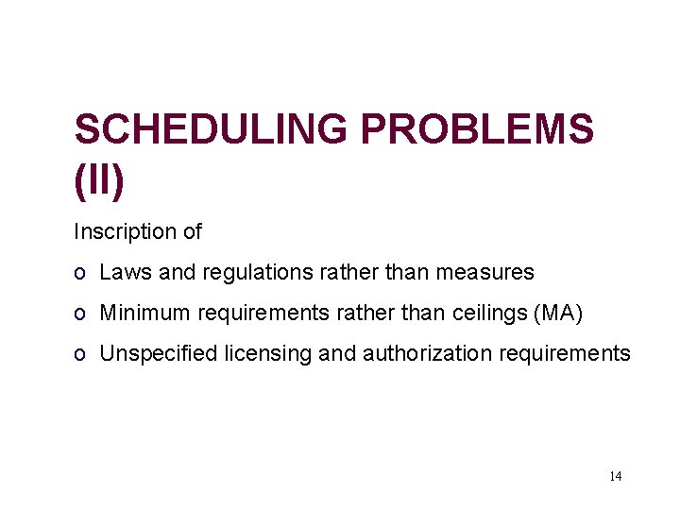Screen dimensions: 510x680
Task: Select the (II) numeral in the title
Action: tap(99, 181)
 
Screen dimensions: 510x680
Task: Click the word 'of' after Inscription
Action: tap(192, 231)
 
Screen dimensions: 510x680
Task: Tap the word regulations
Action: tap(254, 273)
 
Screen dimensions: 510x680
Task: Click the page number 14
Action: tap(615, 476)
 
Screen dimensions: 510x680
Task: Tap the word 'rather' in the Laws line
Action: tap(348, 273)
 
